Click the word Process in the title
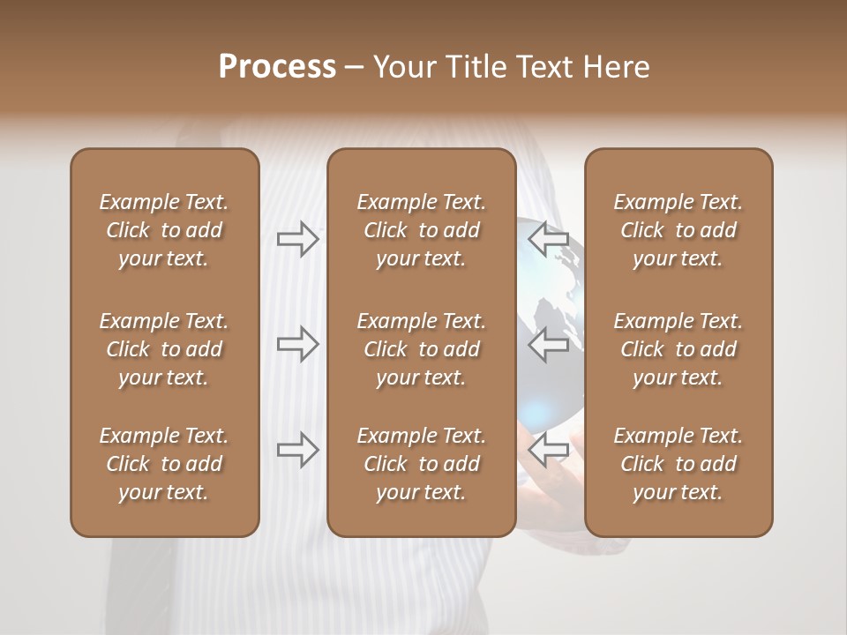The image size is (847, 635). [277, 67]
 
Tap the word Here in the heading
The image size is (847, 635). [615, 67]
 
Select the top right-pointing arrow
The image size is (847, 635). [297, 239]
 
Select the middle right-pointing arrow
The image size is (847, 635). [297, 344]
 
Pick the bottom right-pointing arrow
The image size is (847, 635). [297, 450]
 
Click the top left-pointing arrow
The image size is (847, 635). [549, 239]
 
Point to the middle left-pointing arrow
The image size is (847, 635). [549, 344]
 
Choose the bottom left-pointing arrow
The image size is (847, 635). [549, 450]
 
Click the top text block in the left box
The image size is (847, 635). [164, 230]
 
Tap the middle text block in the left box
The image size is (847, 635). [164, 349]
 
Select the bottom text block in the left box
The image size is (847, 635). [164, 464]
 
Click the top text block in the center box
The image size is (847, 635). [421, 230]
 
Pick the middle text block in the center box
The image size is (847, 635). [421, 349]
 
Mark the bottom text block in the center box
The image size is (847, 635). [421, 464]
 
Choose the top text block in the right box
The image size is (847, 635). [678, 230]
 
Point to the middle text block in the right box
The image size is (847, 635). [678, 349]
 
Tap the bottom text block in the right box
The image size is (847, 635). [678, 464]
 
